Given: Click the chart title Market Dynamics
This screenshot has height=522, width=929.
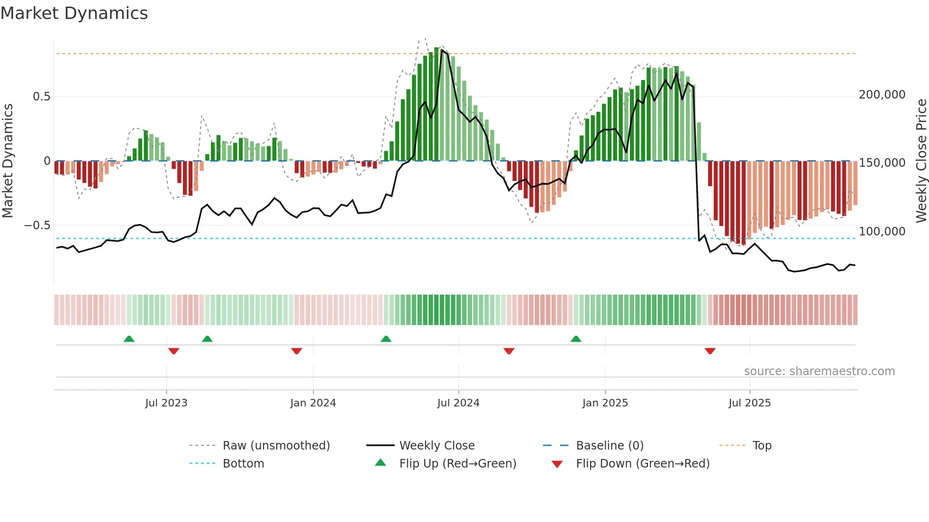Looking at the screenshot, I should (x=74, y=13).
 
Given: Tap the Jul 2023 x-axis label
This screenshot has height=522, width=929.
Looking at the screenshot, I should (x=166, y=403).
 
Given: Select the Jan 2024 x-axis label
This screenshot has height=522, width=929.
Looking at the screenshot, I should (x=313, y=403).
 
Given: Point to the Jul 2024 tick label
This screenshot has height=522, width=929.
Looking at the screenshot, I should (x=458, y=403).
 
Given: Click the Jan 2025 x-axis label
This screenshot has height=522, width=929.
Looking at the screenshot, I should (x=605, y=403).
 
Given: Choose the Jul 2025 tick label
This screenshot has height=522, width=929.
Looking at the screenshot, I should (x=749, y=403).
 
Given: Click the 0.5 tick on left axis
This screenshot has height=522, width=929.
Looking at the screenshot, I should (x=41, y=97).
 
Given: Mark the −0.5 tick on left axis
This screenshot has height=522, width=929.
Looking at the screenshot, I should (x=37, y=225).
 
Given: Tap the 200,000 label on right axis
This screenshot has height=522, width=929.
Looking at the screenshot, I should (x=882, y=95).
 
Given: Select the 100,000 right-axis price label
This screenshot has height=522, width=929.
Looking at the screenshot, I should (x=882, y=232).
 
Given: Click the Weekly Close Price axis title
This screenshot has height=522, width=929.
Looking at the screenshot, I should (x=921, y=161).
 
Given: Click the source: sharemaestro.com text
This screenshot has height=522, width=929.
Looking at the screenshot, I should (x=819, y=371).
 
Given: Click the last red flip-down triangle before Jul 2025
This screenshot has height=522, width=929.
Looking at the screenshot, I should (x=710, y=351).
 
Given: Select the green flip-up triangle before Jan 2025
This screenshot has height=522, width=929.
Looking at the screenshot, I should (x=576, y=339).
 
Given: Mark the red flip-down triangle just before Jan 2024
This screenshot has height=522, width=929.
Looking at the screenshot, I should (x=297, y=351).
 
